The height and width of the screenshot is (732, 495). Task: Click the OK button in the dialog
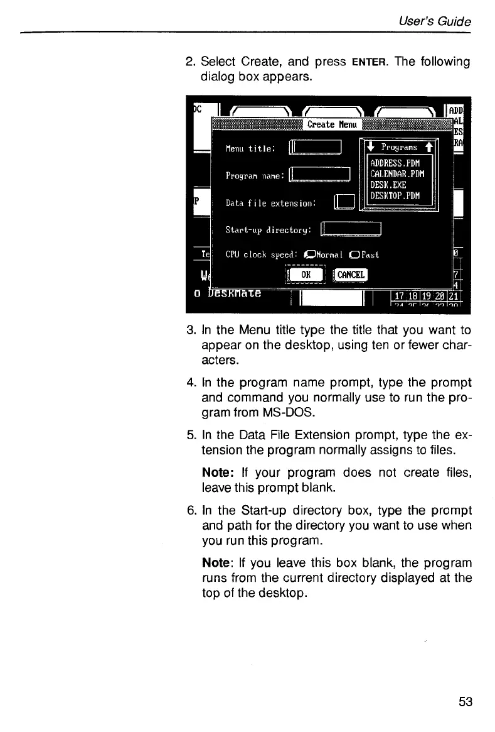pos(305,274)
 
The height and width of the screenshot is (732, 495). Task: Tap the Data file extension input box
pos(345,202)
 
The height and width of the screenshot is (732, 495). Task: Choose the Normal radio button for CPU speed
pos(308,255)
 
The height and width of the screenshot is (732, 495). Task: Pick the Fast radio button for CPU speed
pos(354,255)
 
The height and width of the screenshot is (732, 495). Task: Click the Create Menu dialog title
pos(331,124)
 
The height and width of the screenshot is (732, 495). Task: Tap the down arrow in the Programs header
pos(371,148)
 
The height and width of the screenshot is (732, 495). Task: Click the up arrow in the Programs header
pos(428,148)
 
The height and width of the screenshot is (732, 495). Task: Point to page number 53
pos(465,702)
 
